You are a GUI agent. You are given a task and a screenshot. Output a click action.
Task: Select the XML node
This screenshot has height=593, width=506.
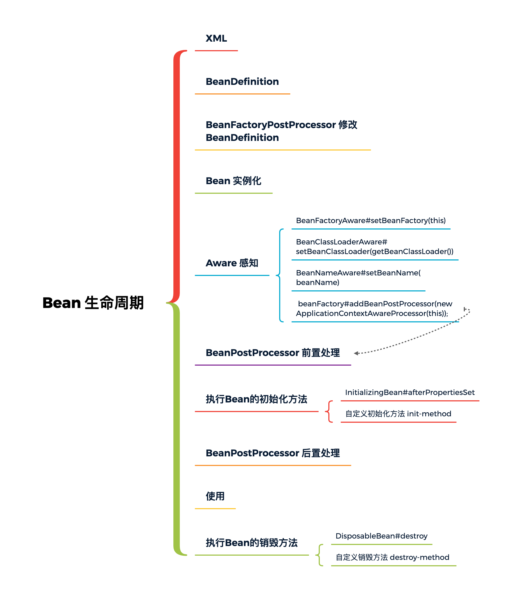[216, 38]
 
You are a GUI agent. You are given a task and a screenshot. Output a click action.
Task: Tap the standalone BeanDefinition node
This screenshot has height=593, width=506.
[242, 82]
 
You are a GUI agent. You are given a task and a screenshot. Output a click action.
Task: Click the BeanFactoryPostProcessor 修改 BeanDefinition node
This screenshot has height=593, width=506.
[281, 131]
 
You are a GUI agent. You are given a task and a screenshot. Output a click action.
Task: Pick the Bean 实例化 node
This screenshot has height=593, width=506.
[233, 181]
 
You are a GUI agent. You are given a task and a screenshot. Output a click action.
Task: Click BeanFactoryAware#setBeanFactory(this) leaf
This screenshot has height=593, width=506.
[371, 221]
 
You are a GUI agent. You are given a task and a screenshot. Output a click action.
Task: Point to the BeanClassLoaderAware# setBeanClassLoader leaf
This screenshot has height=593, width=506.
[375, 247]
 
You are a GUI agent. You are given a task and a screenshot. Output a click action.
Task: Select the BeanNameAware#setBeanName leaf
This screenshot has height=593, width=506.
[358, 278]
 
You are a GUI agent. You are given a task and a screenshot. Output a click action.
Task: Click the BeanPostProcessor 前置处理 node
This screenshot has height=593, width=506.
[273, 353]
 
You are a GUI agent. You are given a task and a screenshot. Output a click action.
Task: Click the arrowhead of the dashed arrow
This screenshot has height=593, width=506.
[356, 353]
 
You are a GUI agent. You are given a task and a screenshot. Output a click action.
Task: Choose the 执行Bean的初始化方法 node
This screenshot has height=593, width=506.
[256, 399]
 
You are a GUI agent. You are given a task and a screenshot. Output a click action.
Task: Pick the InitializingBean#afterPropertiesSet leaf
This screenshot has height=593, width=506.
[410, 392]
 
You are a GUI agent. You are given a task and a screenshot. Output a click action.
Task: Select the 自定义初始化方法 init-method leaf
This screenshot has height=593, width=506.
[398, 414]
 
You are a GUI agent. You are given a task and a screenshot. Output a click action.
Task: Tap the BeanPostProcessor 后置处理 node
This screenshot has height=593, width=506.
[273, 453]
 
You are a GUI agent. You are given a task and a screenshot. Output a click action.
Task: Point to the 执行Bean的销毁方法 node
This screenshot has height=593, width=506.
[252, 543]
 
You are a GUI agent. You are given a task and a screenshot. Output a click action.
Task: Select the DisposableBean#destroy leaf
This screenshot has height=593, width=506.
[381, 536]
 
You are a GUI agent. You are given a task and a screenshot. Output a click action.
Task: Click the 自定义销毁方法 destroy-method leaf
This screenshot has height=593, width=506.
[392, 558]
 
